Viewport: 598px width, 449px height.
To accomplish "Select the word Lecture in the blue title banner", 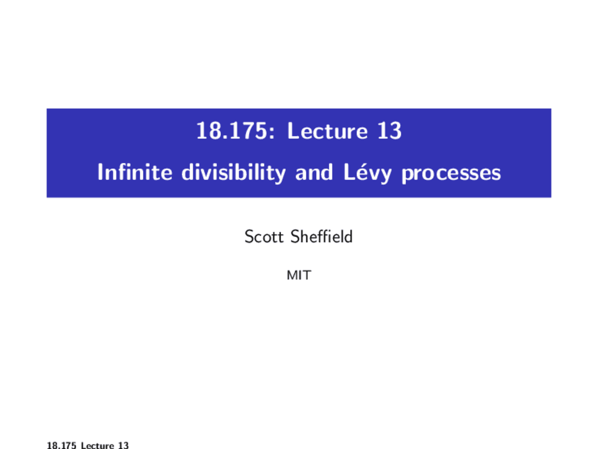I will tap(327, 130).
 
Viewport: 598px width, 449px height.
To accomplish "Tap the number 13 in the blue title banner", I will tap(389, 130).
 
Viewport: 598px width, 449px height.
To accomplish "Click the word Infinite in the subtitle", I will tap(135, 172).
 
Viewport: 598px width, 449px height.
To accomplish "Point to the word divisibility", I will tap(233, 173).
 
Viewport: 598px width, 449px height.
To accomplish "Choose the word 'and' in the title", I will tap(314, 172).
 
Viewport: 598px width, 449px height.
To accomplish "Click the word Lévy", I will tap(367, 172).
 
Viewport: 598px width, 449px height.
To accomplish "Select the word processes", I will tap(451, 173).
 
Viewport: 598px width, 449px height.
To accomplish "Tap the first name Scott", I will tap(264, 237).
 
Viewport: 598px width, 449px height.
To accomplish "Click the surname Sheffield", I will tap(321, 236).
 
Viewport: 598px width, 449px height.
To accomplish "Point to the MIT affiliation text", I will tap(299, 275).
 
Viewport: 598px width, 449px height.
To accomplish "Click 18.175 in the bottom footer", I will tap(61, 445).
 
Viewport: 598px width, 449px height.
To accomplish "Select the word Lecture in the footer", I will tap(97, 445).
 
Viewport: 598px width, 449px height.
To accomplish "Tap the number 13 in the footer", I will tap(123, 445).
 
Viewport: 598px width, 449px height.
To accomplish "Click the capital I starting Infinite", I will tap(100, 172).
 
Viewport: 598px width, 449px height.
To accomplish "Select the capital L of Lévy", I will tap(349, 172).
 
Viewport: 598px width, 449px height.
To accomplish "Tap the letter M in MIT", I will tap(292, 275).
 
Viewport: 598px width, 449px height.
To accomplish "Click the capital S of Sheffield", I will tap(295, 236).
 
